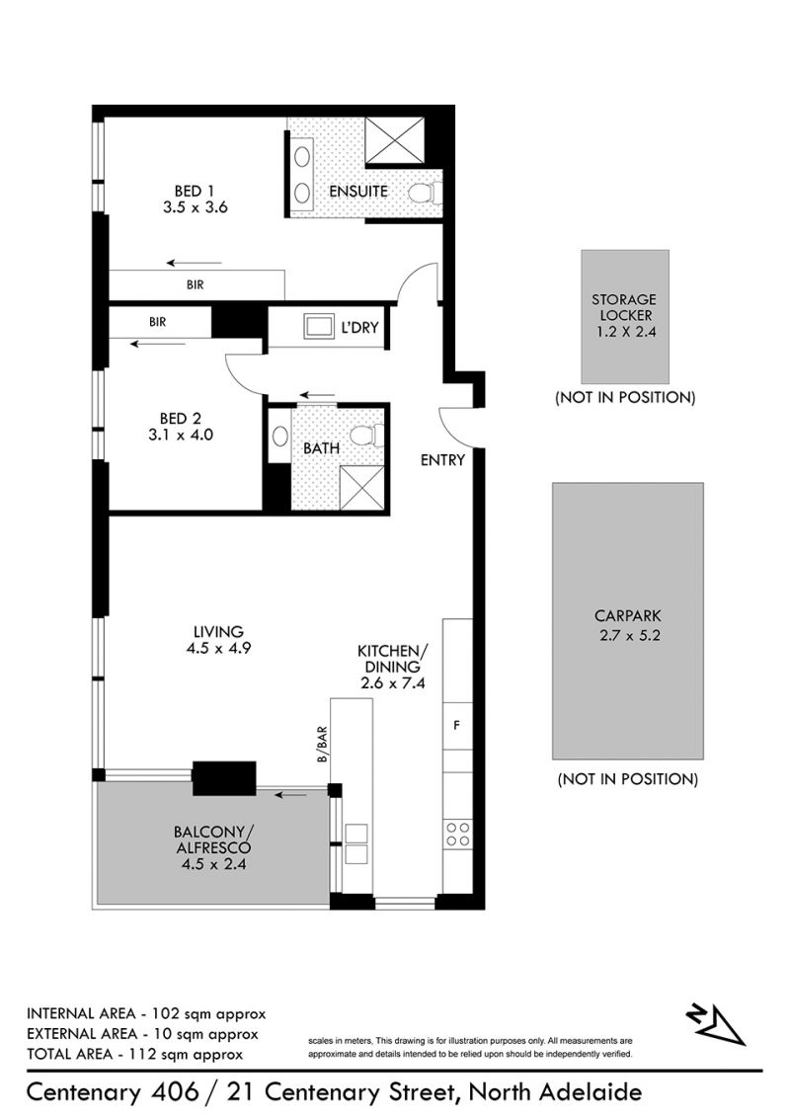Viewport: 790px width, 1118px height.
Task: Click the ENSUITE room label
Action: pyautogui.click(x=357, y=191)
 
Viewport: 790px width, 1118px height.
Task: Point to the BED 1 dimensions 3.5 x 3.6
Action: pyautogui.click(x=196, y=207)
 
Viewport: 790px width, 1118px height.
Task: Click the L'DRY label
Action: pyautogui.click(x=359, y=327)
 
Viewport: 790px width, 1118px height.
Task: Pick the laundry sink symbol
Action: pyautogui.click(x=319, y=327)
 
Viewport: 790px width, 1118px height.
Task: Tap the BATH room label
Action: pyautogui.click(x=321, y=448)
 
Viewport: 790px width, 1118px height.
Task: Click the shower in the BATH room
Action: pyautogui.click(x=362, y=488)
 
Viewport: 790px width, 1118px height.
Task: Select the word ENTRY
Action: pyautogui.click(x=442, y=460)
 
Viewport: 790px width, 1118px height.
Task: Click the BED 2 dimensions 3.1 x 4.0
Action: pyautogui.click(x=181, y=435)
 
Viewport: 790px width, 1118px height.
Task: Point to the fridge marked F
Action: pyautogui.click(x=457, y=725)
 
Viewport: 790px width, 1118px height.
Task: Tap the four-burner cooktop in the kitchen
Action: pyautogui.click(x=457, y=835)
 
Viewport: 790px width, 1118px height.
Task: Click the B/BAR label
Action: pyautogui.click(x=322, y=745)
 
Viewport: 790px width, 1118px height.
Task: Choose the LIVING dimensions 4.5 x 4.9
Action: pyautogui.click(x=218, y=648)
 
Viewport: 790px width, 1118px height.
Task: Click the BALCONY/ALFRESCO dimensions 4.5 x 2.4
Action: pyautogui.click(x=214, y=864)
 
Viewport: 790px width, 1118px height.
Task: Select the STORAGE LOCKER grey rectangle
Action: pyautogui.click(x=624, y=317)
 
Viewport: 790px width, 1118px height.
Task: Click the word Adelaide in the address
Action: pyautogui.click(x=592, y=1091)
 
